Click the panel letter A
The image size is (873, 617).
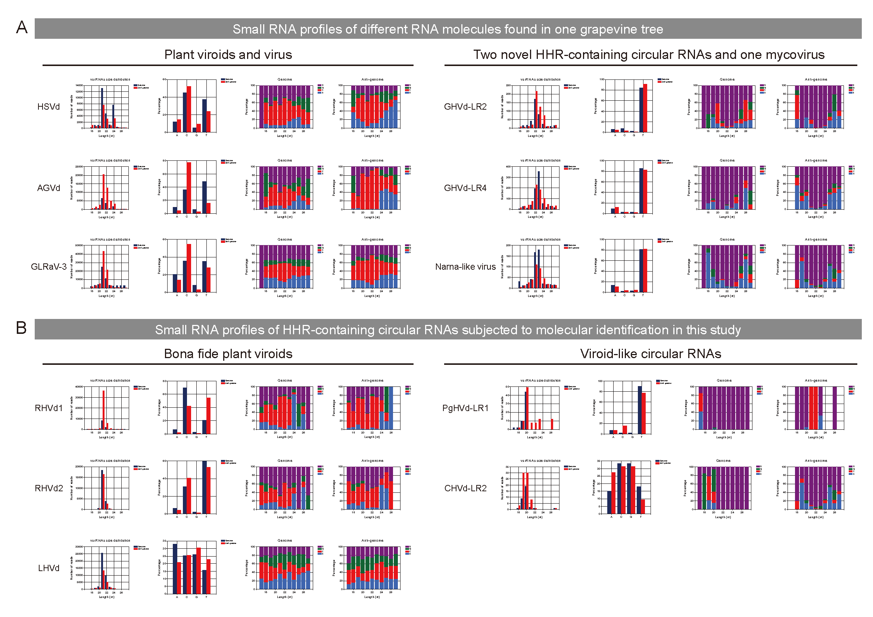point(22,27)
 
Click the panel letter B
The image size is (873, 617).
point(21,328)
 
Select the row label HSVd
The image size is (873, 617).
point(49,107)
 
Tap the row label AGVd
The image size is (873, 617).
point(49,188)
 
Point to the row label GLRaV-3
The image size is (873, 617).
point(49,267)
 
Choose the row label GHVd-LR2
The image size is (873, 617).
point(465,107)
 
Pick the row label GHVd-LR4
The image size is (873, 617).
point(465,188)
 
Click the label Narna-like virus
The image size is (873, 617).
point(465,267)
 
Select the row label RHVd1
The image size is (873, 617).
point(49,408)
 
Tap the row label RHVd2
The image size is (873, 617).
point(49,488)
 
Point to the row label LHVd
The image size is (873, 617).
point(49,568)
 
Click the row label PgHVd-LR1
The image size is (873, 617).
point(465,408)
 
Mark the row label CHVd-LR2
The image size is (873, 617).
point(465,488)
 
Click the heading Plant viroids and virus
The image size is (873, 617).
point(228,55)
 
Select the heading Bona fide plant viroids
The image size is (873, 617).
point(228,354)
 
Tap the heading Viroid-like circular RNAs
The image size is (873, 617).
point(650,354)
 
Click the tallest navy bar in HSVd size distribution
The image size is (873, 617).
point(102,108)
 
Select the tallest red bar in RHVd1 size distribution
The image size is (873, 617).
point(103,410)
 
